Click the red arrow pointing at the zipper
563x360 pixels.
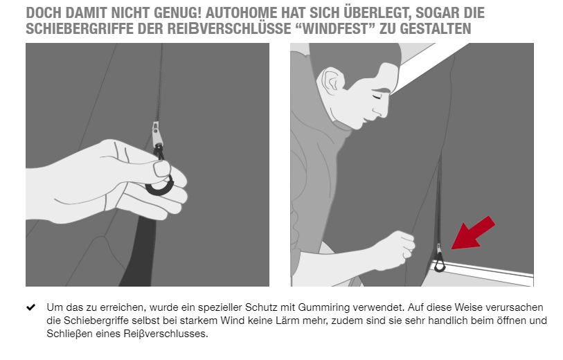click(x=472, y=233)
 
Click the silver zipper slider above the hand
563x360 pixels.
click(x=157, y=134)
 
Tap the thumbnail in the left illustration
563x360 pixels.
click(x=161, y=168)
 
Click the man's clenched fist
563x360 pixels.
click(x=394, y=249)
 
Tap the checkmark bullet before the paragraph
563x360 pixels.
click(x=31, y=307)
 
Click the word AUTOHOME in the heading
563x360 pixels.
click(x=241, y=13)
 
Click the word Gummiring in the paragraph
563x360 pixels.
click(x=324, y=307)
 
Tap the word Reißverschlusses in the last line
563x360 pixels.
click(x=166, y=334)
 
